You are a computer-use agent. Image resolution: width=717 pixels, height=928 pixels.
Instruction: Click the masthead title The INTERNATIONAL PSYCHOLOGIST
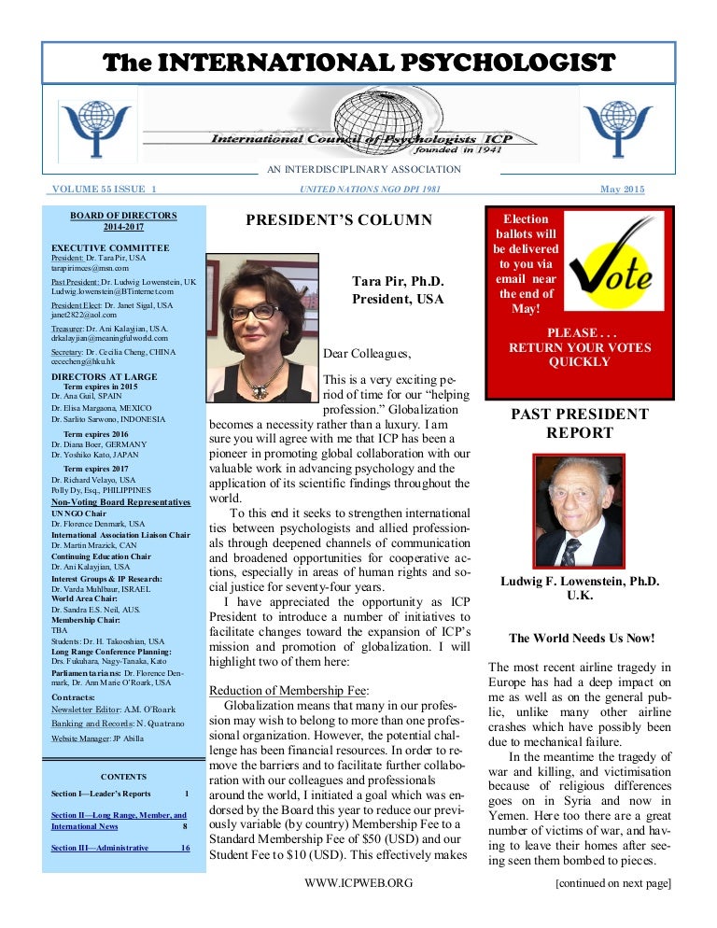click(359, 63)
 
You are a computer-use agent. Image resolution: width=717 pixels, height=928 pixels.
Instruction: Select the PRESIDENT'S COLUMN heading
click(339, 220)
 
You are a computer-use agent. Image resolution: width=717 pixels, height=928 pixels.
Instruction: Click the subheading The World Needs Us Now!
click(581, 639)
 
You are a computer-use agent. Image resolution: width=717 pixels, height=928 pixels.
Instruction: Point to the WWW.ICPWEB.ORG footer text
click(358, 881)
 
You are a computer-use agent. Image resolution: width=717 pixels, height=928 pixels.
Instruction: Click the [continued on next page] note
click(612, 881)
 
